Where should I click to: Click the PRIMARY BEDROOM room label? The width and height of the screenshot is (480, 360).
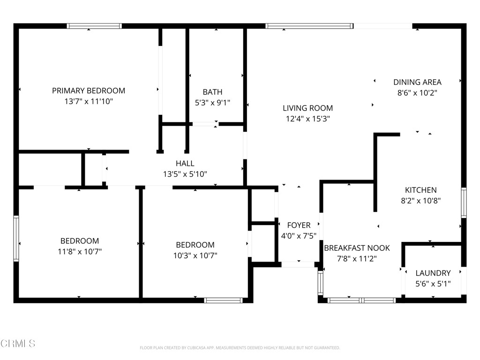89,90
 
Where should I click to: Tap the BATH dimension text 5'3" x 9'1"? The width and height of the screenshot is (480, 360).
212,102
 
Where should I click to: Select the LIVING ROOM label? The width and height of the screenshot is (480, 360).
307,108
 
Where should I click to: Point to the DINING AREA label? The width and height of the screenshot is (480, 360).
417,82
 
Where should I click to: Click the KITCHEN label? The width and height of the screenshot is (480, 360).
420,190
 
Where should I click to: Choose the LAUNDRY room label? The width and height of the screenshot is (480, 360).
433,273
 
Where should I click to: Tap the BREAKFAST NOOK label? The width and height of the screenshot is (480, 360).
357,248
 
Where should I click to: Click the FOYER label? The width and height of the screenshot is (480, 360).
299,225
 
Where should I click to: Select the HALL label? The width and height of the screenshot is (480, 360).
185,163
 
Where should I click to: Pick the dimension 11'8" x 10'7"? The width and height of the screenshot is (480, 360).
79,252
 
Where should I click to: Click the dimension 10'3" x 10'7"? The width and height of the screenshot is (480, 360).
195,255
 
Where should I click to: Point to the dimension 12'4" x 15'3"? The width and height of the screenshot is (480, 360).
307,119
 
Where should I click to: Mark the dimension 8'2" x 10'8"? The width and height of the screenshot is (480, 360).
420,201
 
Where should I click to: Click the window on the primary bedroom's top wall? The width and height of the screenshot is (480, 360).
94,26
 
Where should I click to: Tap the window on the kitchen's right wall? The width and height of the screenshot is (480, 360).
464,202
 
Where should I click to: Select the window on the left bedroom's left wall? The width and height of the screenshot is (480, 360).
16,238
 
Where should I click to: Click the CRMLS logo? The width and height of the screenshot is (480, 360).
18,344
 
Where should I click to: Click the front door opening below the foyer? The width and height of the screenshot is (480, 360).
298,264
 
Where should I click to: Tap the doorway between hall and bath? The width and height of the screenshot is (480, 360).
204,124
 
